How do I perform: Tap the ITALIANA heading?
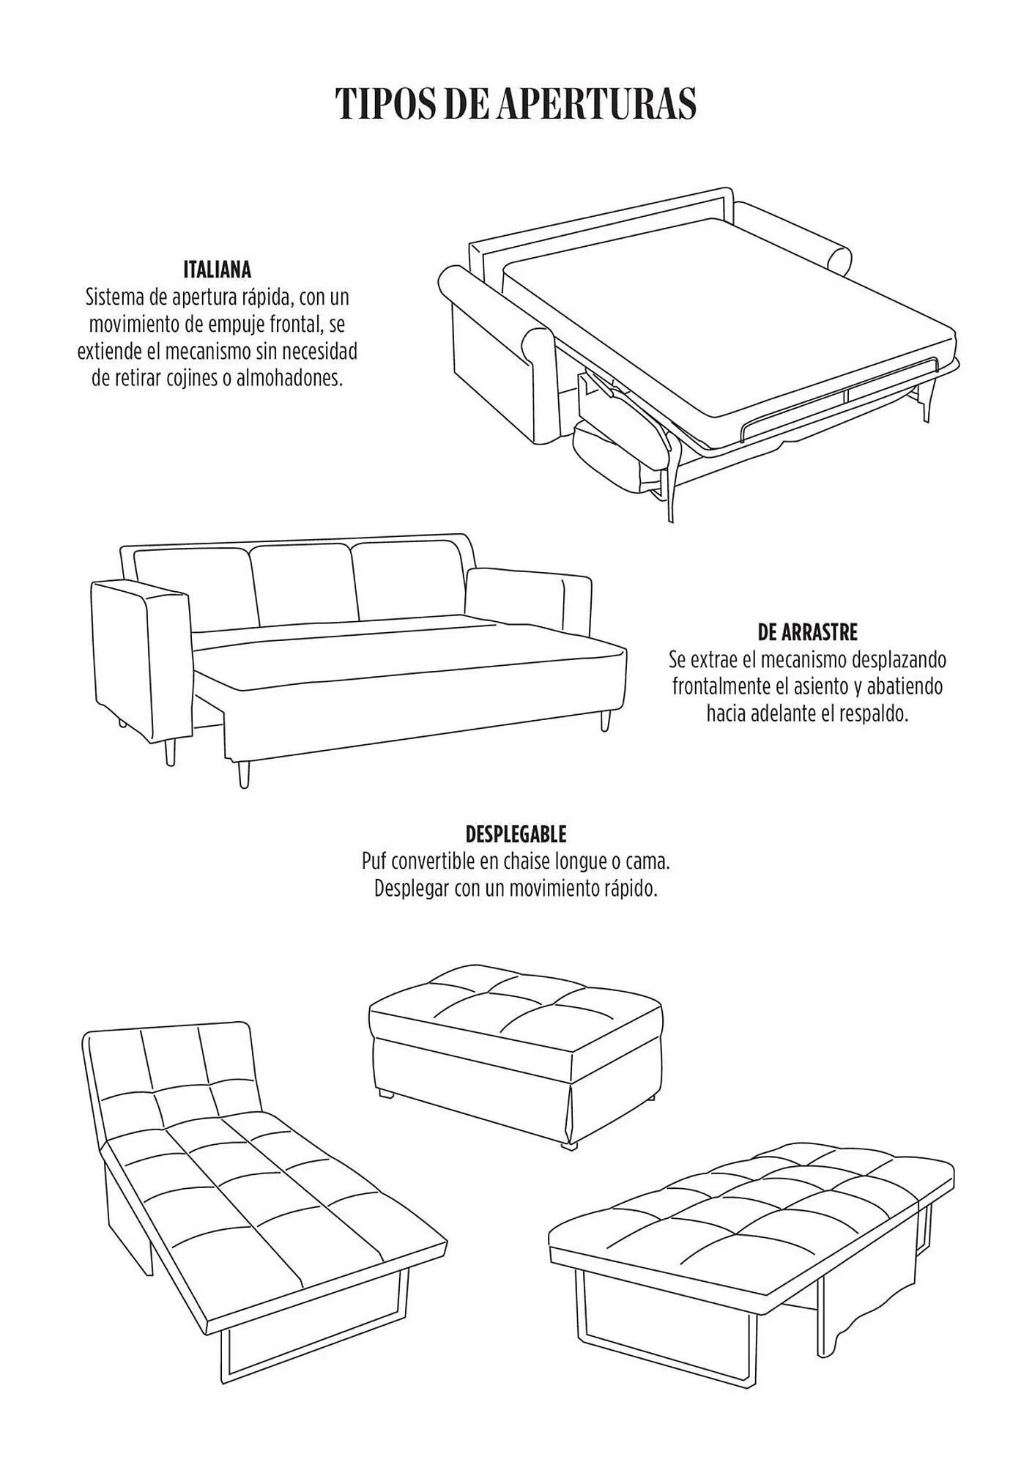click(217, 270)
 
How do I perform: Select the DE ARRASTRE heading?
click(807, 631)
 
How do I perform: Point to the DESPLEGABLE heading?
click(516, 834)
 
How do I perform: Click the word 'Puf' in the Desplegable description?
click(374, 861)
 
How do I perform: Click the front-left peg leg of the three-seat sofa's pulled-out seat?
click(244, 774)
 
